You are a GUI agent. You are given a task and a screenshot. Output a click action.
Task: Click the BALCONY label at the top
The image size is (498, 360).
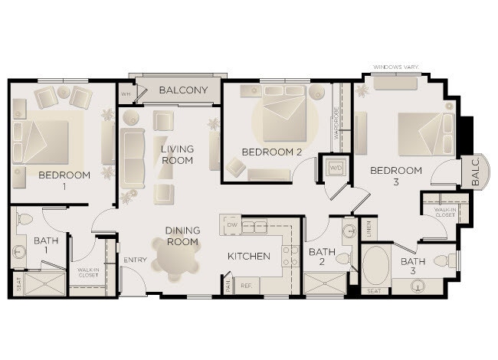pyautogui.click(x=183, y=90)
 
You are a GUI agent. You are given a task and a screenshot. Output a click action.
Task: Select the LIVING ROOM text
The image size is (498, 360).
pyautogui.click(x=176, y=154)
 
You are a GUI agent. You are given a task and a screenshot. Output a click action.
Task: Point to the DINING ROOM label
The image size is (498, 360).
pyautogui.click(x=182, y=236)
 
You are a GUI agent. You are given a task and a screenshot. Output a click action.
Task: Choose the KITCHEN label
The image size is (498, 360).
pyautogui.click(x=248, y=256)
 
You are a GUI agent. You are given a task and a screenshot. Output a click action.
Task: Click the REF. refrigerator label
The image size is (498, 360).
pyautogui.click(x=247, y=286)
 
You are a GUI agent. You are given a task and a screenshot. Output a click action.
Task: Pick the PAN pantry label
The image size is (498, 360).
pyautogui.click(x=228, y=284)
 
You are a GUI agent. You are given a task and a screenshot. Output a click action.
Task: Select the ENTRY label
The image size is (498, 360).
pyautogui.click(x=135, y=260)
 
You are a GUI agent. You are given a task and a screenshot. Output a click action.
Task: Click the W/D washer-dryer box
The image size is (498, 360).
pyautogui.click(x=336, y=168)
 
